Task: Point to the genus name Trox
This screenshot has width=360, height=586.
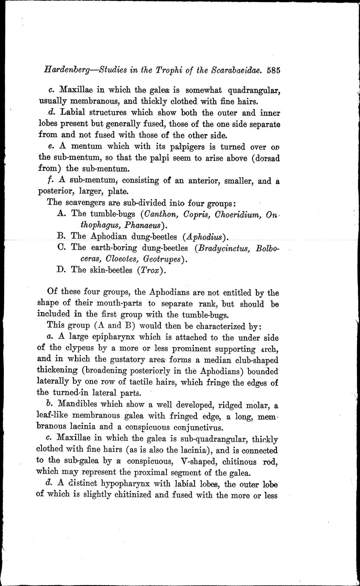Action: coord(148,270)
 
